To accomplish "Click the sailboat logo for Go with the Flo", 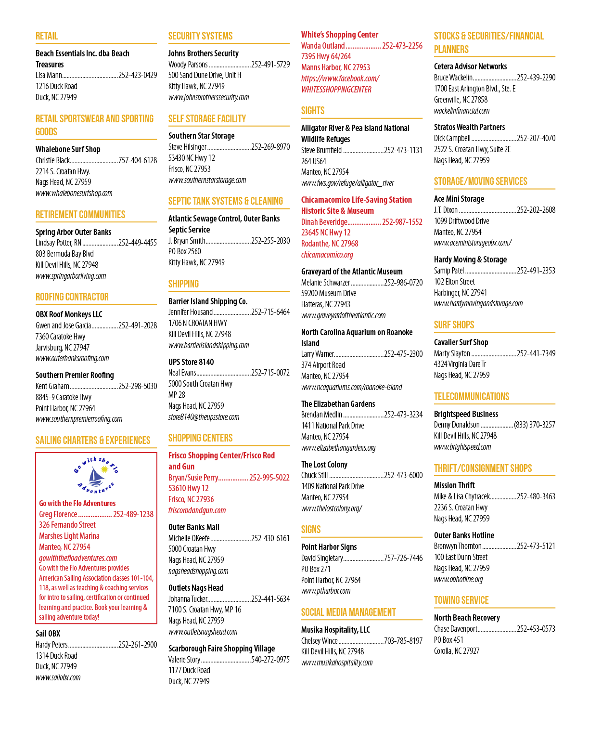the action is pyautogui.click(x=96, y=475).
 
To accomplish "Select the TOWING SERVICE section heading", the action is pyautogui.click(x=461, y=600).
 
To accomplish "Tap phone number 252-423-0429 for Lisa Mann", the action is pyautogui.click(x=138, y=75).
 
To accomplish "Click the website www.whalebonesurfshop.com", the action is pyautogui.click(x=74, y=193).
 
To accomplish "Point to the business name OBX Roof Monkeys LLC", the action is pyautogui.click(x=69, y=314).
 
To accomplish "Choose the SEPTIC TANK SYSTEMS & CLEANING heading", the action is pyautogui.click(x=226, y=201).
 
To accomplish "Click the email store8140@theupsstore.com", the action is pyautogui.click(x=204, y=417).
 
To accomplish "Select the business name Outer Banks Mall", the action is pyautogui.click(x=194, y=527).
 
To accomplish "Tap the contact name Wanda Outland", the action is pyautogui.click(x=323, y=46).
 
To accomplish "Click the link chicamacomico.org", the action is pyautogui.click(x=327, y=255).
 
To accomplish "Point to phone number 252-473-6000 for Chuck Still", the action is pyautogui.click(x=403, y=475).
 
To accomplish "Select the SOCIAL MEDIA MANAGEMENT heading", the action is pyautogui.click(x=348, y=612).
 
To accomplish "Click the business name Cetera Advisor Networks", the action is pyautogui.click(x=470, y=66).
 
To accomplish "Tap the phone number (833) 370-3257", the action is pyautogui.click(x=534, y=425).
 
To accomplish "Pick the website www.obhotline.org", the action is pyautogui.click(x=458, y=579).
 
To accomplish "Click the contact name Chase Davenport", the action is pyautogui.click(x=456, y=629).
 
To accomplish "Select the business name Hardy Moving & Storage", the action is pyautogui.click(x=470, y=260).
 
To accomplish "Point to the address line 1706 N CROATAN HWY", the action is pyautogui.click(x=198, y=323).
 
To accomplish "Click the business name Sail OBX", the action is pyautogui.click(x=48, y=634).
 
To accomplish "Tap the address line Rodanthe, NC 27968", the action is pyautogui.click(x=329, y=244).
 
